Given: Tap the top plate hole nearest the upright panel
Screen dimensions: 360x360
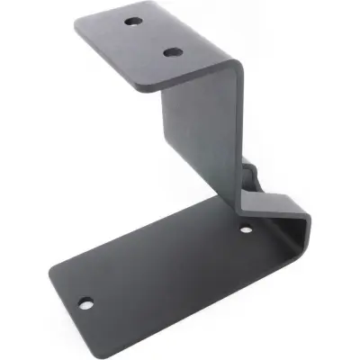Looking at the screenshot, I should click(171, 52).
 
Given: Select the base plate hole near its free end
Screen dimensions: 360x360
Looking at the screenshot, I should click(85, 302).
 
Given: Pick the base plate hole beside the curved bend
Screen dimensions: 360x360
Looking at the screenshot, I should click(246, 231).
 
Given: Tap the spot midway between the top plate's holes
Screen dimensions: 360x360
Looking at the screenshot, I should click(152, 36).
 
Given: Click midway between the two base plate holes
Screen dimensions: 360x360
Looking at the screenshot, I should click(166, 266).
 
